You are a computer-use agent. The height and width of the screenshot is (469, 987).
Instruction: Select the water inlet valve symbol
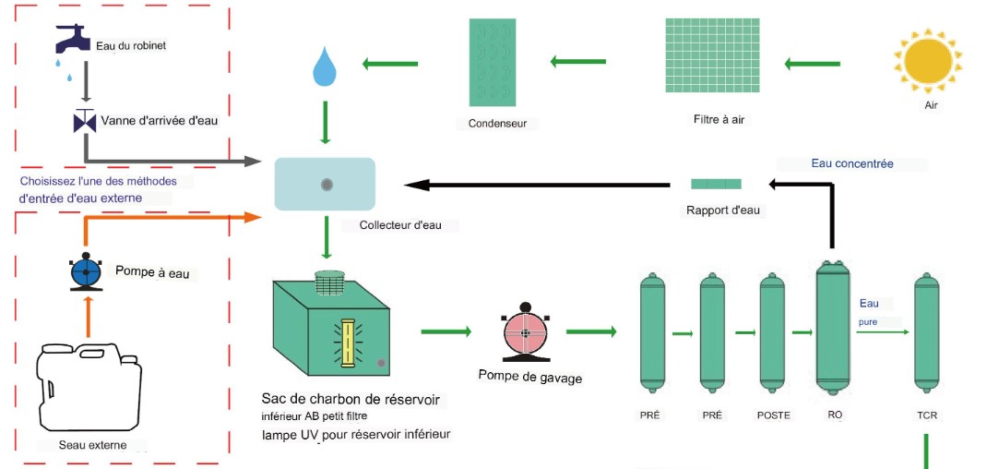point(85,120)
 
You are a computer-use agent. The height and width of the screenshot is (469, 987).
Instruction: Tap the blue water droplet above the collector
point(324,67)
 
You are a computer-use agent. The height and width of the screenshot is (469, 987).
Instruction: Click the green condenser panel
point(502,63)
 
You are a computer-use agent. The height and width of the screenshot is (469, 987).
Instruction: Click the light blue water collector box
point(326,184)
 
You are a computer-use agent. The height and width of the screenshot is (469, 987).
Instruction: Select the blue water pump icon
point(86,271)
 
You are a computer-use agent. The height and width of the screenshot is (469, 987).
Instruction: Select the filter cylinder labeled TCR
point(926,330)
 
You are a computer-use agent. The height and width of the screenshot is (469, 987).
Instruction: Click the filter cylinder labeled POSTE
point(772,330)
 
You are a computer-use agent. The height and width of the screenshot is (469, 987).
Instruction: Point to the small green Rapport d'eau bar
point(716,184)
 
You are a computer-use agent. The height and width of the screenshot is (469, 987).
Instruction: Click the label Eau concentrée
point(852,164)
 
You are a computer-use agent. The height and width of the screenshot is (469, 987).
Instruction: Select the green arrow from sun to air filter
point(812,64)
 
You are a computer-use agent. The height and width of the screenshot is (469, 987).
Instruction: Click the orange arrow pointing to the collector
point(166,219)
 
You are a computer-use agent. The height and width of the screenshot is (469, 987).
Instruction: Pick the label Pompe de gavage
point(529,377)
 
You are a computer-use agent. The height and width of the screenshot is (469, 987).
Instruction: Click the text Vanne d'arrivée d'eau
point(160,120)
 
